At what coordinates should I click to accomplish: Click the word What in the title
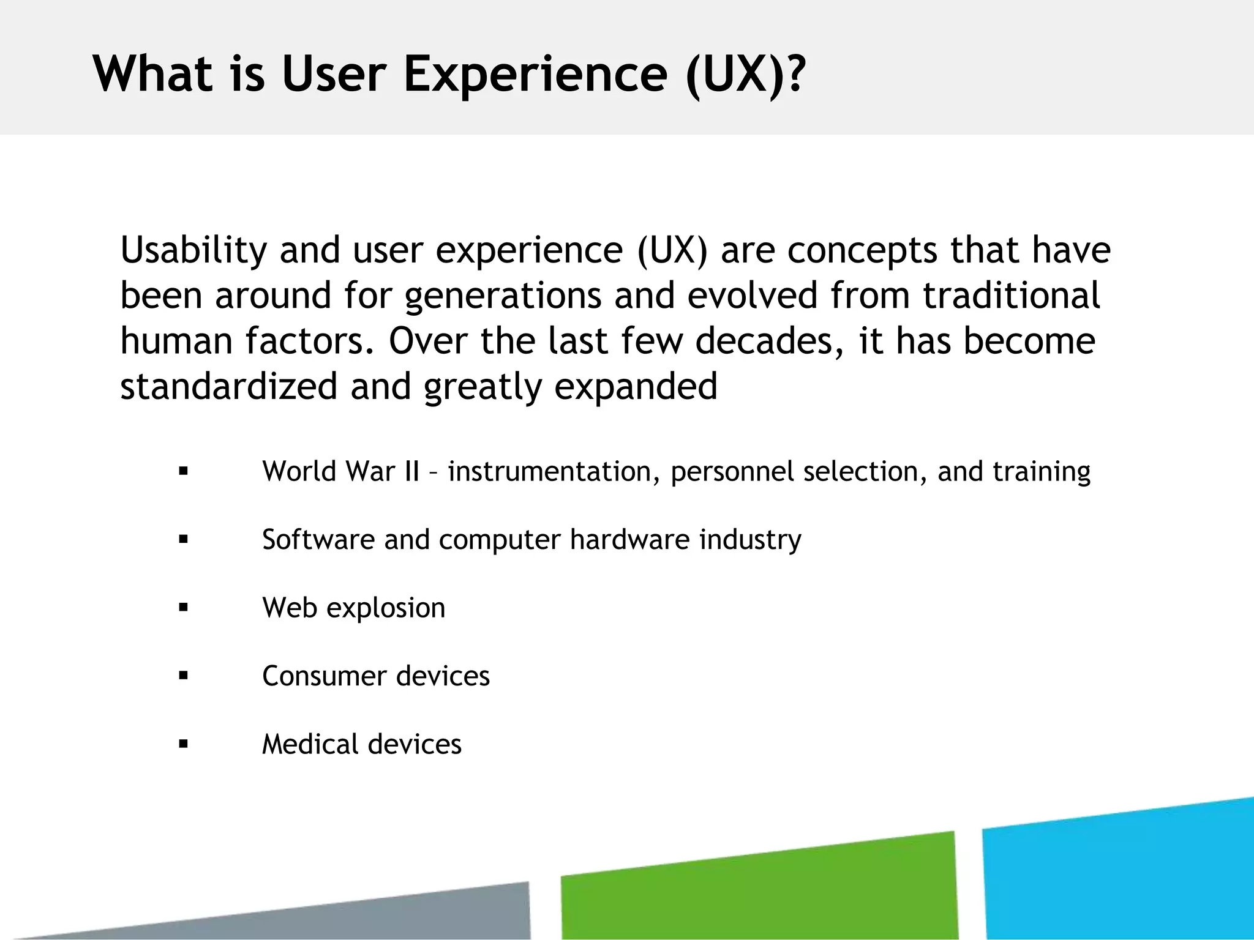[x=152, y=74]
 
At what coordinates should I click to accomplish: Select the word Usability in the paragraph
[x=193, y=250]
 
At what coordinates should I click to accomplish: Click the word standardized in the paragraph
[x=229, y=387]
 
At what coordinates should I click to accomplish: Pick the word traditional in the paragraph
[x=1011, y=296]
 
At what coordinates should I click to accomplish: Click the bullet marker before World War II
[x=183, y=472]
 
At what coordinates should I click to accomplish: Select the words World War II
[x=340, y=472]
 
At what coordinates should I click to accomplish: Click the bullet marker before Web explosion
[x=183, y=608]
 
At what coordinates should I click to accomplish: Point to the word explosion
[x=386, y=608]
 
